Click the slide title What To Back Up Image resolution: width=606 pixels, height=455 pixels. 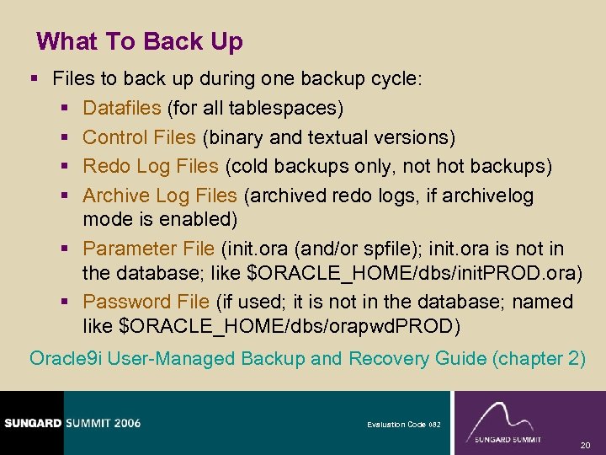(140, 41)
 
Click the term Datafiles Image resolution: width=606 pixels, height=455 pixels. (122, 108)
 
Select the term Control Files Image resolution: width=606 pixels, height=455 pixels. (139, 136)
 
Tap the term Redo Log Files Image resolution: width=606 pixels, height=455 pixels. (151, 166)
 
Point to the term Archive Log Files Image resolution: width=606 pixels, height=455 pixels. (160, 195)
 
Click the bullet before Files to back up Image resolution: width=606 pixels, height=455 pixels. (34, 79)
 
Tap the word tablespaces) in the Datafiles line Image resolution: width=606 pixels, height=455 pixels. (291, 108)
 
